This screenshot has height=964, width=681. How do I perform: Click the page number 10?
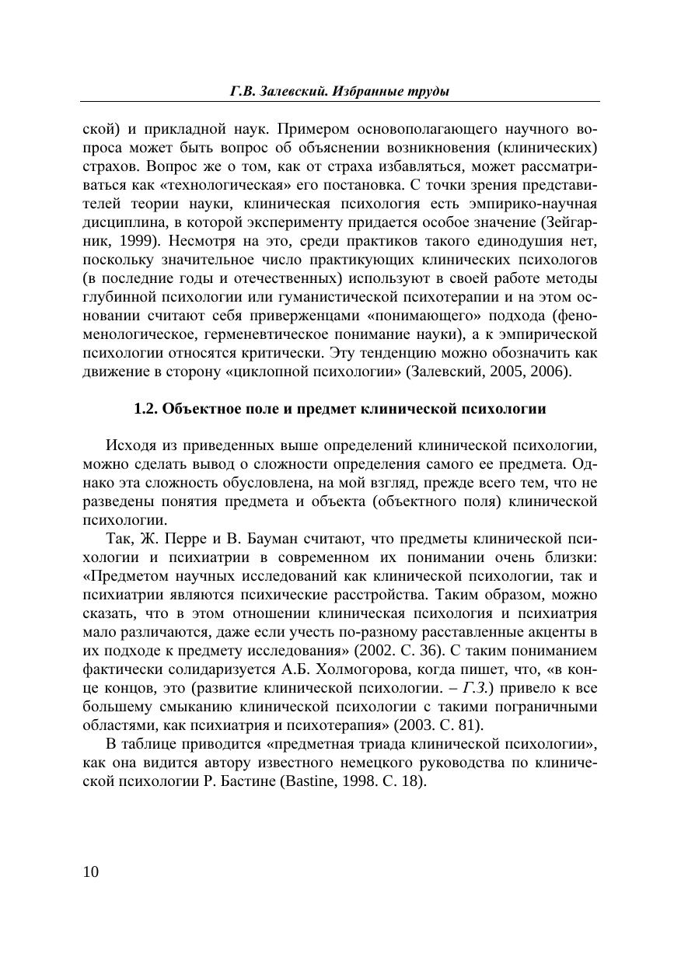click(91, 871)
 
